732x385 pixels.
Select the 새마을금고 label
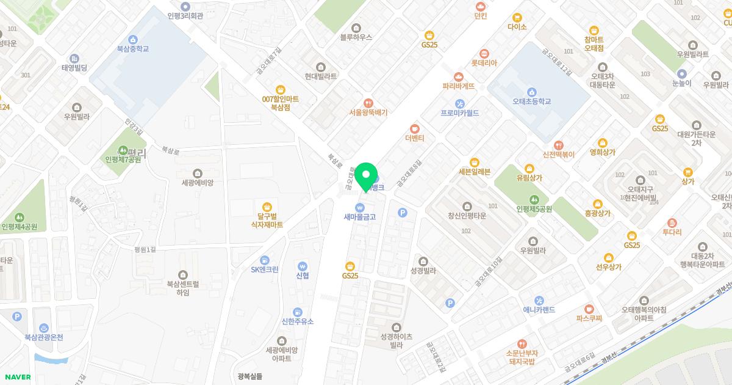359,217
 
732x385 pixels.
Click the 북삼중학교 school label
133,49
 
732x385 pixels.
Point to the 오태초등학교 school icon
532,91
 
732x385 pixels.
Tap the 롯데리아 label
484,63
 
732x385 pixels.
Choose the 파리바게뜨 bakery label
459,86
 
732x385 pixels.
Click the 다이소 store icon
517,17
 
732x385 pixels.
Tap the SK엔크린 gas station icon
264,260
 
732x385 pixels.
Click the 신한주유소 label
297,321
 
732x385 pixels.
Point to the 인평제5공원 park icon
534,199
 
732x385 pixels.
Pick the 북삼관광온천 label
44,337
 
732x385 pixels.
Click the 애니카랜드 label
539,310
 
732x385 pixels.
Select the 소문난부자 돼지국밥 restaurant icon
521,344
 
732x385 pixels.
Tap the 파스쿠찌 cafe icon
589,309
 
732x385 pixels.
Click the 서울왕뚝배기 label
368,112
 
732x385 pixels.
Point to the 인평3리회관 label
185,16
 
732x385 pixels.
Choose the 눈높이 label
682,83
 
